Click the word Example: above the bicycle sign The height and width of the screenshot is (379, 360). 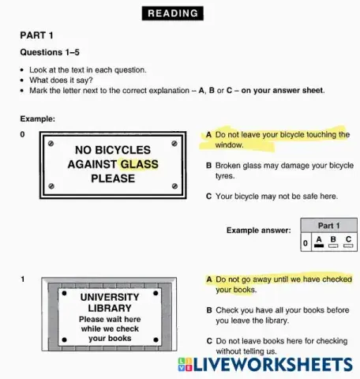point(37,119)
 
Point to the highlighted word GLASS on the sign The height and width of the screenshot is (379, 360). point(139,164)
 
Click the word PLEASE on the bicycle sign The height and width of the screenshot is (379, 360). point(113,178)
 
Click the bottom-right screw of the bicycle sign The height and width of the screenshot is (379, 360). point(174,186)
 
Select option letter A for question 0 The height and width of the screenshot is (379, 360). point(208,135)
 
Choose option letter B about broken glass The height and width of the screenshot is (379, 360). point(208,166)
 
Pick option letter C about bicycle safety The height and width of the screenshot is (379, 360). point(208,196)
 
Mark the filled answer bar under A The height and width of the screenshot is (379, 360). point(319,246)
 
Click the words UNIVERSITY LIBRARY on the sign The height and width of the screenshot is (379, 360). point(110,302)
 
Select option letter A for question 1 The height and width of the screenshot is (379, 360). point(209,280)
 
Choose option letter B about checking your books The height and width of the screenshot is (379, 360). point(208,310)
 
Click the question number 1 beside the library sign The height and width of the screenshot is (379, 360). point(23,280)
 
